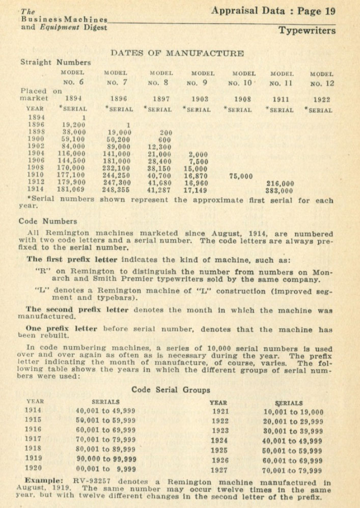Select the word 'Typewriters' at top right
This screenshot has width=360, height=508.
click(307, 31)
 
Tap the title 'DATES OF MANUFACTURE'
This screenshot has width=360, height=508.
click(177, 53)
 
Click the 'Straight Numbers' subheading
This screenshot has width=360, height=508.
click(56, 63)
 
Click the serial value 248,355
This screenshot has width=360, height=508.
click(117, 191)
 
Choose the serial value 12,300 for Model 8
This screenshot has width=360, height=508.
click(160, 147)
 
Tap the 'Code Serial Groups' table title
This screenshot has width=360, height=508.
click(171, 390)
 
